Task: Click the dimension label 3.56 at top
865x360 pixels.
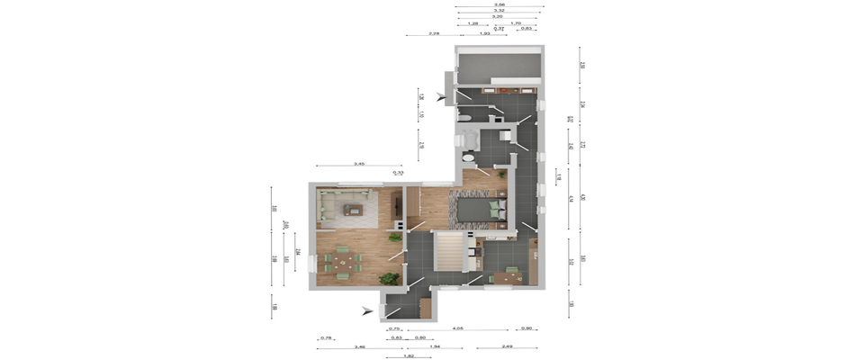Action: coord(498,4)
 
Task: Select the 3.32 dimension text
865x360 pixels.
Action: coord(498,10)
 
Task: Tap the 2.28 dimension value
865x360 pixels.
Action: coord(434,33)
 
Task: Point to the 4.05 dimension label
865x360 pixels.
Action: coord(458,328)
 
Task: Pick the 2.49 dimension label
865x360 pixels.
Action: coord(507,346)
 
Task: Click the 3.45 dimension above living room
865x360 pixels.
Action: coord(358,164)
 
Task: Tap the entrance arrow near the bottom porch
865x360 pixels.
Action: coord(365,311)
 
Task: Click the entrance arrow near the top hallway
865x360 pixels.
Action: coord(440,97)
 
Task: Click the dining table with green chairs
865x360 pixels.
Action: coord(344,262)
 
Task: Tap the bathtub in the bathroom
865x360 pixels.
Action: coord(468,139)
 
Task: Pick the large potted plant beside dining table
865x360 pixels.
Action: coord(390,279)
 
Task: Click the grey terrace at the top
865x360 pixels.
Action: coord(498,67)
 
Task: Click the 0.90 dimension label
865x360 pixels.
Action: coord(528,328)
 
